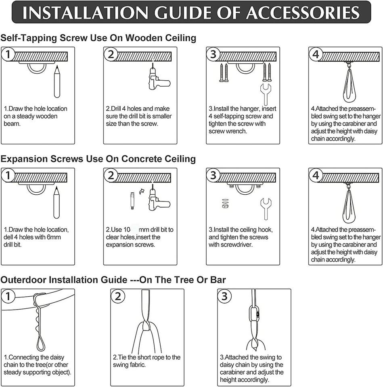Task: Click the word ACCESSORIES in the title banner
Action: pyautogui.click(x=303, y=12)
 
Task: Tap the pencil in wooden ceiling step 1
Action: pyautogui.click(x=57, y=81)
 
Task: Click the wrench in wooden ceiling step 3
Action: pyautogui.click(x=266, y=94)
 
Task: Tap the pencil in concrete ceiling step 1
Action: pyautogui.click(x=57, y=203)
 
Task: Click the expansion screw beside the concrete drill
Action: pyautogui.click(x=132, y=201)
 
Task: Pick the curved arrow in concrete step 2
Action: pyautogui.click(x=142, y=191)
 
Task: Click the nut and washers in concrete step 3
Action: pyautogui.click(x=225, y=203)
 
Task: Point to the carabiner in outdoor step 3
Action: pyautogui.click(x=255, y=314)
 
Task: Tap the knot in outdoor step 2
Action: pyautogui.click(x=147, y=326)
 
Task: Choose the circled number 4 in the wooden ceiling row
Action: pyautogui.click(x=316, y=54)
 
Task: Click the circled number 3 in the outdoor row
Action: pyautogui.click(x=224, y=296)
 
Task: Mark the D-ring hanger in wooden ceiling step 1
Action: pyautogui.click(x=37, y=67)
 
